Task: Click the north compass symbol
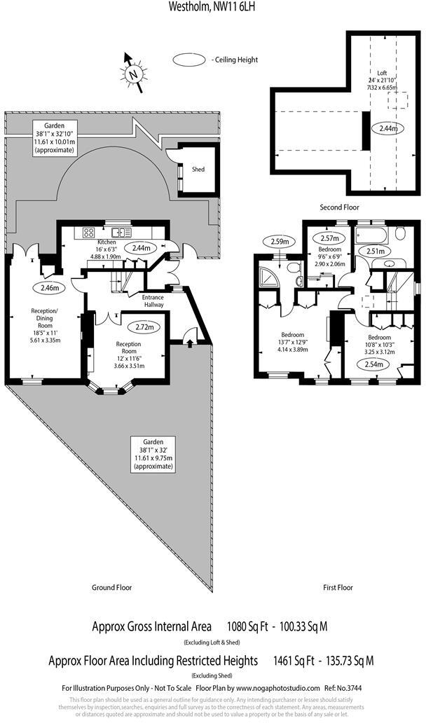point(133,72)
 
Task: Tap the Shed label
point(199,169)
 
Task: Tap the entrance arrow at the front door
point(190,341)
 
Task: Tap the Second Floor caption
point(338,207)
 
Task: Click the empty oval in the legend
point(189,61)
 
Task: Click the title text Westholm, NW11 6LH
point(212,6)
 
